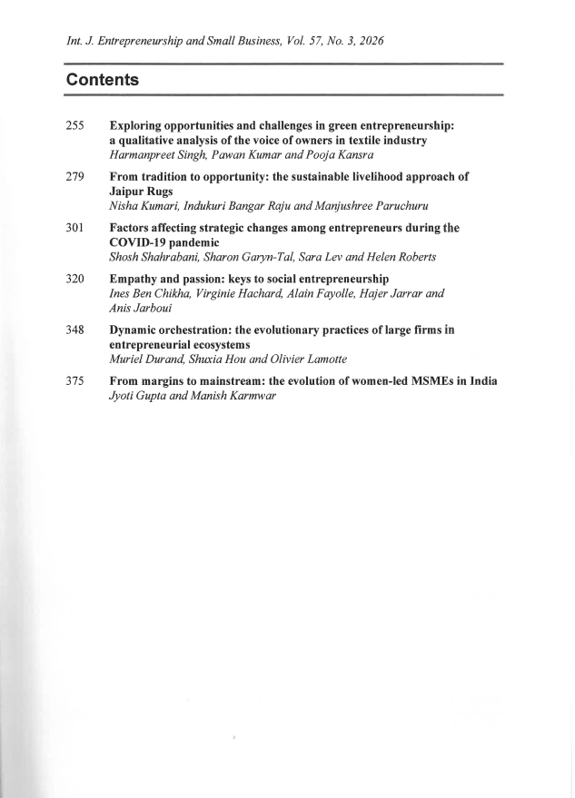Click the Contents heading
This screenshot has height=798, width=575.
pos(102,80)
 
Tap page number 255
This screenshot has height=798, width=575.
pos(75,127)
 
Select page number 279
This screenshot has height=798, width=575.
pos(75,176)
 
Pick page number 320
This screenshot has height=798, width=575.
pos(75,278)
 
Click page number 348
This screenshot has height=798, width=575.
pos(75,330)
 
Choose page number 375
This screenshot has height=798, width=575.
pos(75,381)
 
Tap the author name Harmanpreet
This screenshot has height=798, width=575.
pos(141,156)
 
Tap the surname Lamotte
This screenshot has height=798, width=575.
pos(321,360)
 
